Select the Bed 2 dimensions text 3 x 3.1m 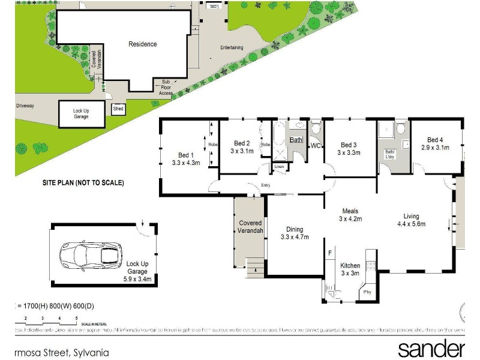coord(242,151)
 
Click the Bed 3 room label coord(349,145)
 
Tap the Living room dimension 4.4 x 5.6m coord(411,224)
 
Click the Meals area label coord(350,211)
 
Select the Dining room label coord(294,229)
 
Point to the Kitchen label coord(350,265)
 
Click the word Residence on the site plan coord(143,44)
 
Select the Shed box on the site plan coord(118,109)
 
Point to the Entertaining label coord(232,47)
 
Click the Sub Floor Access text coord(166,88)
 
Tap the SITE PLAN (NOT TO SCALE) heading coord(83,183)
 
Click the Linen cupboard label coord(279,166)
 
